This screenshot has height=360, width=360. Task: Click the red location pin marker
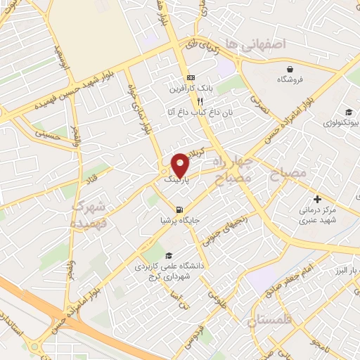tap(181, 164)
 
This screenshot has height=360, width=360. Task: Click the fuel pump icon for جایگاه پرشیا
tap(181, 210)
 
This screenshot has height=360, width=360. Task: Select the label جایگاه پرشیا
tap(181, 221)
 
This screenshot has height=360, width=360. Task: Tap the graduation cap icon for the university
tap(168, 256)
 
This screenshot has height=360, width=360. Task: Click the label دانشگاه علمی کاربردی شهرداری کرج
tap(163, 272)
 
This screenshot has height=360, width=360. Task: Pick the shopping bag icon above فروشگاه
tap(290, 68)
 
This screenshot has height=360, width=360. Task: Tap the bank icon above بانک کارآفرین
tap(190, 78)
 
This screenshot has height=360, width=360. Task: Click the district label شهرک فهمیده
tap(89, 214)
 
